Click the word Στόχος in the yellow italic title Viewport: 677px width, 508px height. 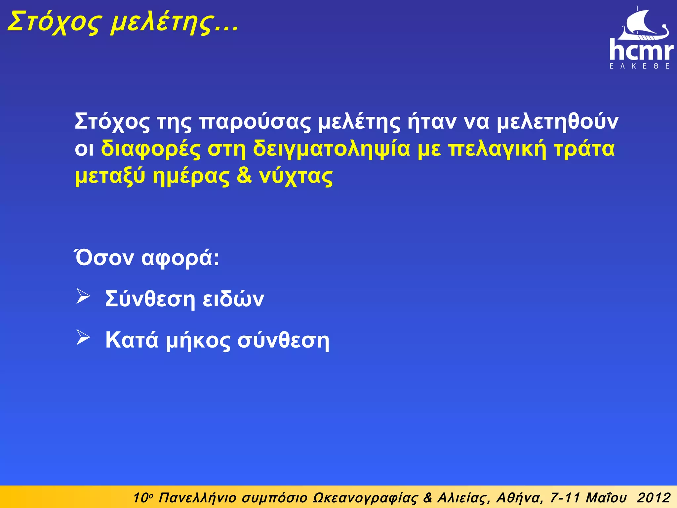(53, 22)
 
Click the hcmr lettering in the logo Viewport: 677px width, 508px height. (641, 50)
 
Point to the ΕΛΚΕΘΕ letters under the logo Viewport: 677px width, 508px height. (640, 66)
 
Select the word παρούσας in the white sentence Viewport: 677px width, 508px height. (255, 122)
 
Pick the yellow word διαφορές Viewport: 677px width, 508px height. (151, 149)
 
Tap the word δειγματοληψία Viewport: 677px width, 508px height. (331, 149)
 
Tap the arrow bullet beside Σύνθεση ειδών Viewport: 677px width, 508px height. (83, 296)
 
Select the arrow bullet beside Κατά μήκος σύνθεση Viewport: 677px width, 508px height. (83, 337)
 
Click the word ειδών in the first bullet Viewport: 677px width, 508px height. (233, 299)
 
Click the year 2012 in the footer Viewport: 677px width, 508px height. (654, 497)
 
